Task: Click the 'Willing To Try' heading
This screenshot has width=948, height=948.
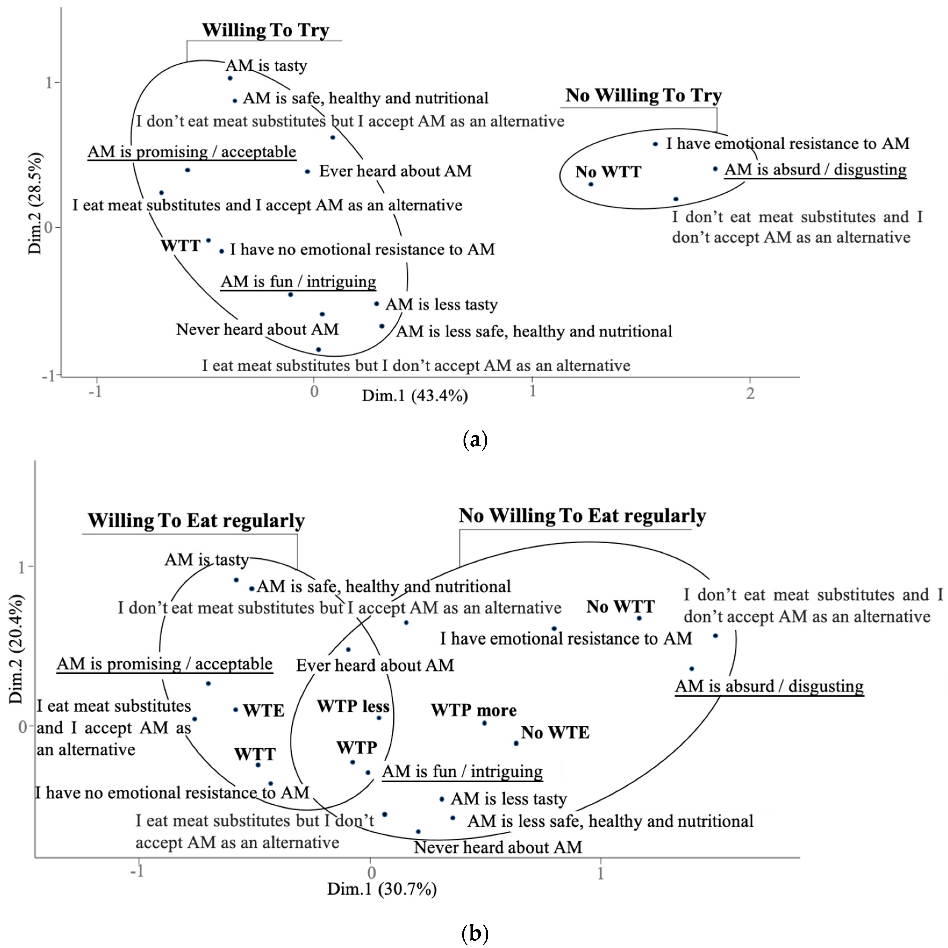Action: click(x=265, y=30)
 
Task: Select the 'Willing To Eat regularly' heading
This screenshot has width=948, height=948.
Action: click(x=196, y=520)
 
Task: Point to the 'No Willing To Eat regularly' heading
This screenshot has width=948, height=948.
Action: click(x=582, y=516)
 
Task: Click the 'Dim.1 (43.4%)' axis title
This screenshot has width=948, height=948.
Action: click(x=415, y=396)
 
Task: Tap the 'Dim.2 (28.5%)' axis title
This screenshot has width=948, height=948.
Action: click(x=35, y=204)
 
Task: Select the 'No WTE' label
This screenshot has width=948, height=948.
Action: click(x=555, y=732)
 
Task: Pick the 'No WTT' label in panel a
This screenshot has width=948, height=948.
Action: click(x=608, y=172)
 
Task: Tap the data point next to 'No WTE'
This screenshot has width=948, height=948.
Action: click(x=516, y=744)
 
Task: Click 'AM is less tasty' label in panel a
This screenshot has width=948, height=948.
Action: click(x=441, y=305)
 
